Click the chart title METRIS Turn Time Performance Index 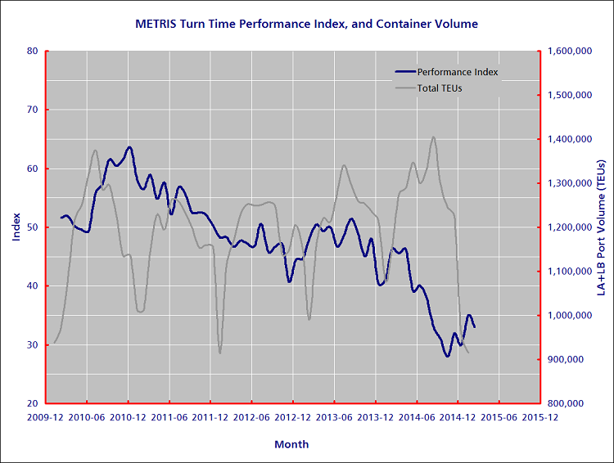[306, 25]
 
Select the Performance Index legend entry [458, 72]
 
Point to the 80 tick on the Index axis [33, 51]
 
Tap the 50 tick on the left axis [33, 227]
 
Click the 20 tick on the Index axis [33, 404]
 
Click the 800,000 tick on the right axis [571, 404]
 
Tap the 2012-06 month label [252, 416]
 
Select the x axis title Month [292, 444]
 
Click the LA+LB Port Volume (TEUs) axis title [601, 227]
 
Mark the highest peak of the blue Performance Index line [129, 147]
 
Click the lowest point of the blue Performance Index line [447, 356]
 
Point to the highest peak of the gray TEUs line [433, 137]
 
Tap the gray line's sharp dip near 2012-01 [219, 353]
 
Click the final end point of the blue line [475, 327]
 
